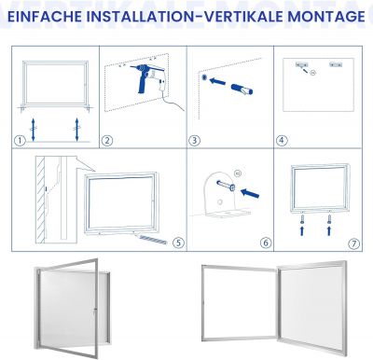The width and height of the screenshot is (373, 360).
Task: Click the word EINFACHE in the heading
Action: point(44,16)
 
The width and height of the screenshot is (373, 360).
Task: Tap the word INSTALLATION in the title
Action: point(143,16)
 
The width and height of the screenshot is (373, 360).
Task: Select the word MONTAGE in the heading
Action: point(326,16)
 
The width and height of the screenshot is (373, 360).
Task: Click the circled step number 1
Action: point(20,141)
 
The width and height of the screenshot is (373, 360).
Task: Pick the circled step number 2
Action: point(107,141)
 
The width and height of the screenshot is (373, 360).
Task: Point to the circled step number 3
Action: point(194,141)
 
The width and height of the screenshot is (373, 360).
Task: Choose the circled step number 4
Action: point(282,141)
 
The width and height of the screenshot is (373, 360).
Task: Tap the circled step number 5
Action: point(178,242)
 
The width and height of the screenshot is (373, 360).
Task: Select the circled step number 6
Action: point(266,242)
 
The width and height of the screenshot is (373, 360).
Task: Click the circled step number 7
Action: point(353,243)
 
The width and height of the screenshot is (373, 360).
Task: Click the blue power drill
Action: point(145,77)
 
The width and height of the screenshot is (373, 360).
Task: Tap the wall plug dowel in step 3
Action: point(242,88)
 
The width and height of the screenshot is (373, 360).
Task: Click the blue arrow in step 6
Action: point(250,193)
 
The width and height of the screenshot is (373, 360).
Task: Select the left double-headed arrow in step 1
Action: point(33,129)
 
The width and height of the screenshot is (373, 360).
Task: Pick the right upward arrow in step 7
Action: point(329,231)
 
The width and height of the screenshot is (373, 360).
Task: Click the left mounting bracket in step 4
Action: point(301,64)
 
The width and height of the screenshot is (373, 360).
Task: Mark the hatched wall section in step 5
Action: point(41,200)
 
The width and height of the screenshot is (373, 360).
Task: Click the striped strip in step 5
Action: point(153,240)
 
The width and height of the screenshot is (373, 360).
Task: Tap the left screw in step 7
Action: point(301,220)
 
